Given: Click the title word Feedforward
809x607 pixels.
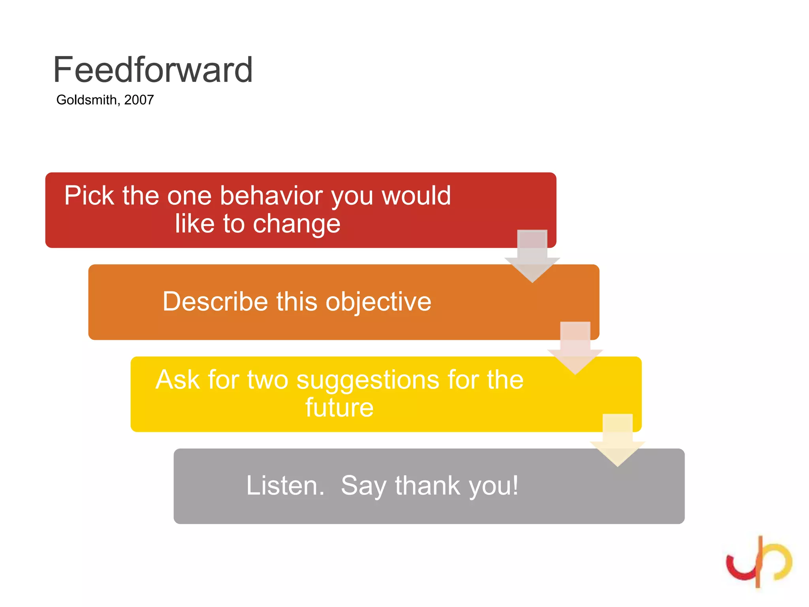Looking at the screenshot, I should pos(153,70).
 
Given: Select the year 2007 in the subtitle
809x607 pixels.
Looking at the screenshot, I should pos(139,100).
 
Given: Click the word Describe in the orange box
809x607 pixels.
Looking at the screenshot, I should pos(215,302).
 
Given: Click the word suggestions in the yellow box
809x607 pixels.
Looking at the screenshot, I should pos(368,380).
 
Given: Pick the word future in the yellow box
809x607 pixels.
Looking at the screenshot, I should pos(339,407).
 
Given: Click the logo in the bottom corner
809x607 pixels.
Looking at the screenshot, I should pos(758,561).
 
